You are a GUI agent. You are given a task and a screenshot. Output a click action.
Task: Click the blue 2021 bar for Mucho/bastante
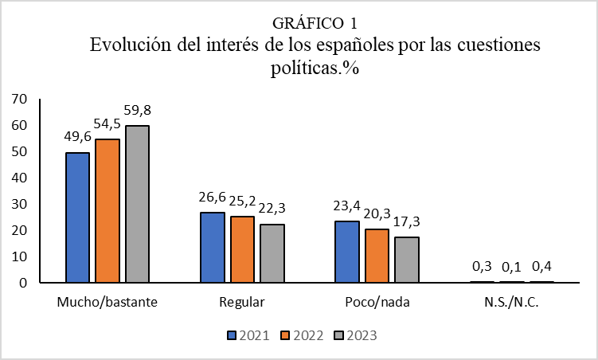pyautogui.click(x=78, y=217)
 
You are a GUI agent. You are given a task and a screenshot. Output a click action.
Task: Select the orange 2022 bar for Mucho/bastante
pyautogui.click(x=107, y=211)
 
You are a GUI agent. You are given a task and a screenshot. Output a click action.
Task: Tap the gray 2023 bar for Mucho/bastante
pyautogui.click(x=137, y=204)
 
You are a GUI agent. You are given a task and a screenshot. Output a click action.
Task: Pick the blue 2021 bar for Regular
pyautogui.click(x=213, y=248)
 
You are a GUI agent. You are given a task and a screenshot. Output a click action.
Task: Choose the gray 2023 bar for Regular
pyautogui.click(x=272, y=253)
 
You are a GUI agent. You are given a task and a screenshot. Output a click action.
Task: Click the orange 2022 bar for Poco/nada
pyautogui.click(x=377, y=256)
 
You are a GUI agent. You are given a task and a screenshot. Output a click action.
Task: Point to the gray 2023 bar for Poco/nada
pyautogui.click(x=406, y=260)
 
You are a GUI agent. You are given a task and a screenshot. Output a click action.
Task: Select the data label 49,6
pyautogui.click(x=78, y=138)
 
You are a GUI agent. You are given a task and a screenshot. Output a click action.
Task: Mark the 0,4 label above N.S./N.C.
pyautogui.click(x=542, y=267)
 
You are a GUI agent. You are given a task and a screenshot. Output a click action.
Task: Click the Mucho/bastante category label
pyautogui.click(x=107, y=303)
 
